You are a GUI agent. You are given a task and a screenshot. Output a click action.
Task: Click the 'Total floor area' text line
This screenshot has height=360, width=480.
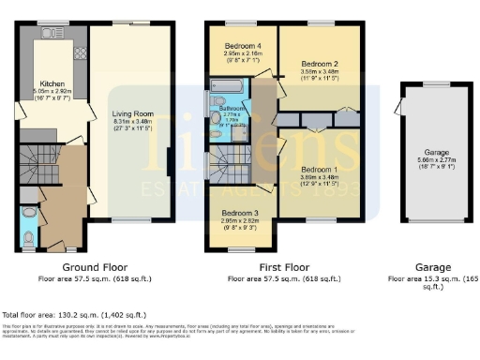coord(74,314)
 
